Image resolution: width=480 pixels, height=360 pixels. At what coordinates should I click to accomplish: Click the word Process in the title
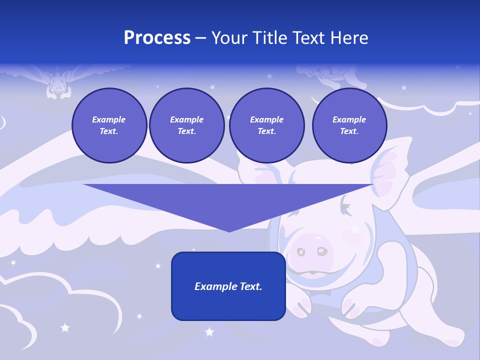[157, 38]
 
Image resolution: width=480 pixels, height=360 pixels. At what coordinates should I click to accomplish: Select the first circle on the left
[109, 125]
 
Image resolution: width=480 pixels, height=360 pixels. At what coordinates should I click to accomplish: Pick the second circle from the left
[186, 125]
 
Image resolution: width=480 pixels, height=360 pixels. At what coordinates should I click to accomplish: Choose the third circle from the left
[266, 125]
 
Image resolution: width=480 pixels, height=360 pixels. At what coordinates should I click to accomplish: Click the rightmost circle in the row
[349, 125]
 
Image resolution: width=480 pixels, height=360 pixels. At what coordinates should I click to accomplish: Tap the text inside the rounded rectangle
[228, 286]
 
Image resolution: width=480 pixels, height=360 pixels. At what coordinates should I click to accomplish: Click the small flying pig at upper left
[58, 83]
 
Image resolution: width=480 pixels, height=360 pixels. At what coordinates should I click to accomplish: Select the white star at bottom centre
[209, 331]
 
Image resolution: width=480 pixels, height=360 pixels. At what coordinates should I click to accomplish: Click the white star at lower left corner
[64, 328]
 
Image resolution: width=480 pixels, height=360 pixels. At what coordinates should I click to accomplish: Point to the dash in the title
[201, 38]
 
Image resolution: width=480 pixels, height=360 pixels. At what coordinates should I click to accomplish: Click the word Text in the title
[309, 38]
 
